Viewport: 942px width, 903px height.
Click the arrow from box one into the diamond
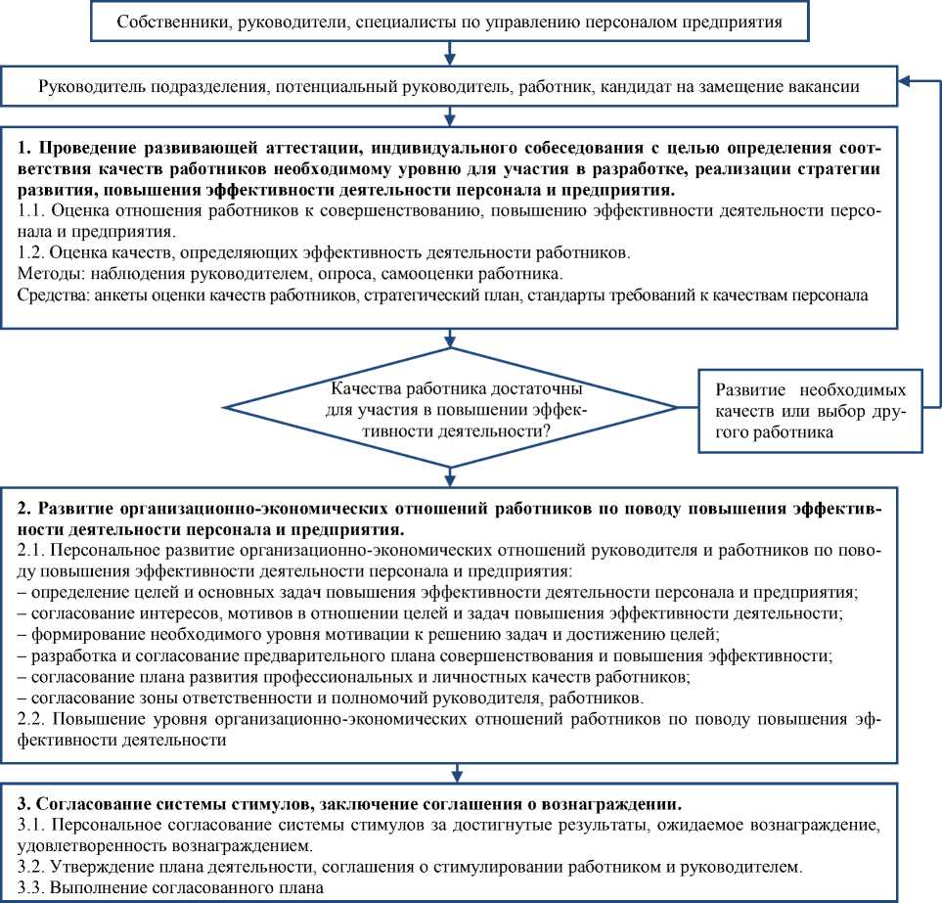tap(451, 339)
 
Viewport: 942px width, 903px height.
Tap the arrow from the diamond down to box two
tap(451, 474)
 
